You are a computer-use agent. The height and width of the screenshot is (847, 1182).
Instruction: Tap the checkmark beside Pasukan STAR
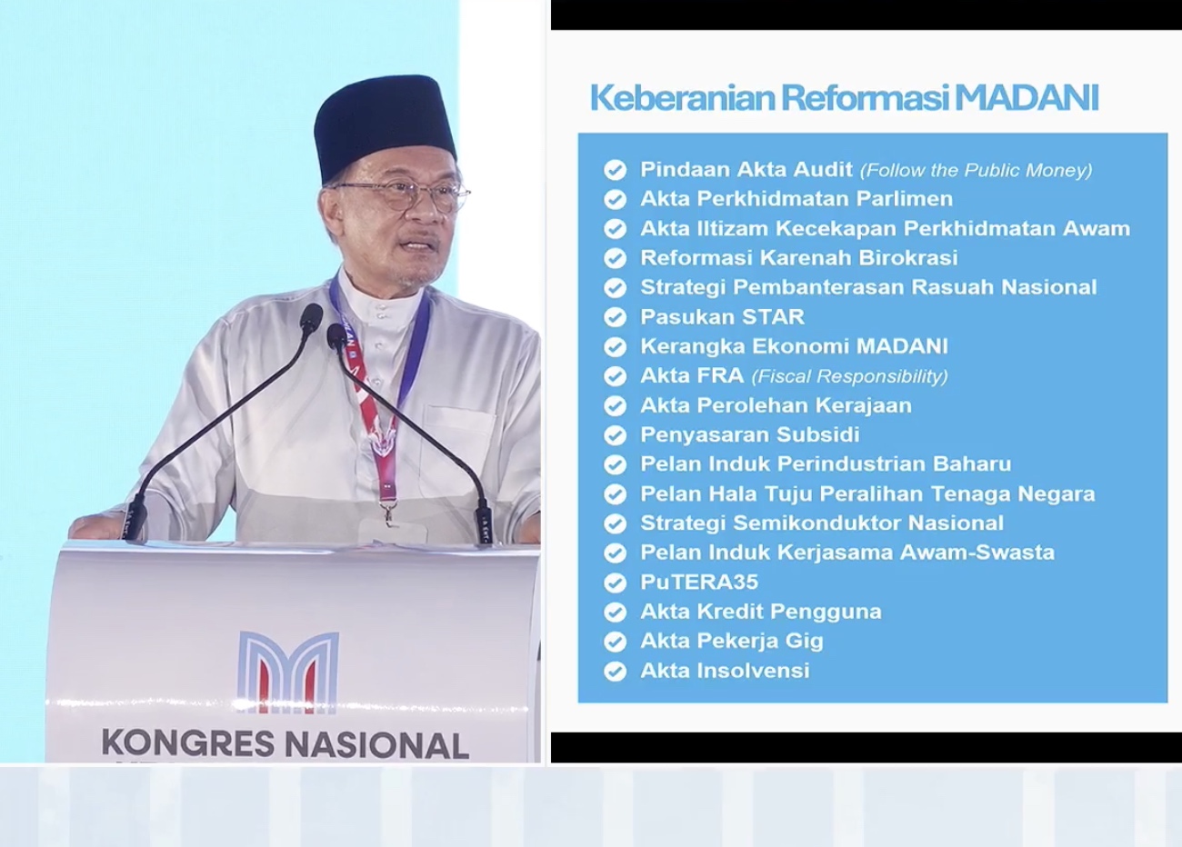pos(616,317)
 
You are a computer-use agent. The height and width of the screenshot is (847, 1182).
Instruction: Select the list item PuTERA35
pos(699,582)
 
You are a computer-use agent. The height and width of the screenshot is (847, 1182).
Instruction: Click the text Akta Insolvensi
pos(725,671)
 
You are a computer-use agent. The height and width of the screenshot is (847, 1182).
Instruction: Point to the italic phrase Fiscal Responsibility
pos(849,376)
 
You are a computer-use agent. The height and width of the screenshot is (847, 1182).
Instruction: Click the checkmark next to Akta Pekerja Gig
pos(616,642)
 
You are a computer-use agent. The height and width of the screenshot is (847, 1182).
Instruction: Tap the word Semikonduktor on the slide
pos(816,523)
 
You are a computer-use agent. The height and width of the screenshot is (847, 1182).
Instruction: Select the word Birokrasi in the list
pos(907,258)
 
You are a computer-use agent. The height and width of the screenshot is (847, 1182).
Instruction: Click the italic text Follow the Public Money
pos(977,170)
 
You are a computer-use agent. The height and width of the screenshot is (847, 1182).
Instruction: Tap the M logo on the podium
pos(288,672)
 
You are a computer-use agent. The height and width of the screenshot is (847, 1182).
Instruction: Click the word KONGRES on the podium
pos(188,743)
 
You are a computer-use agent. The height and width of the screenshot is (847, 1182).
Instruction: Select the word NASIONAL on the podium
pos(376,744)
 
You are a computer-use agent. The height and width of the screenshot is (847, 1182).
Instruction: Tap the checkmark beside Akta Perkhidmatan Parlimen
pos(616,199)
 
